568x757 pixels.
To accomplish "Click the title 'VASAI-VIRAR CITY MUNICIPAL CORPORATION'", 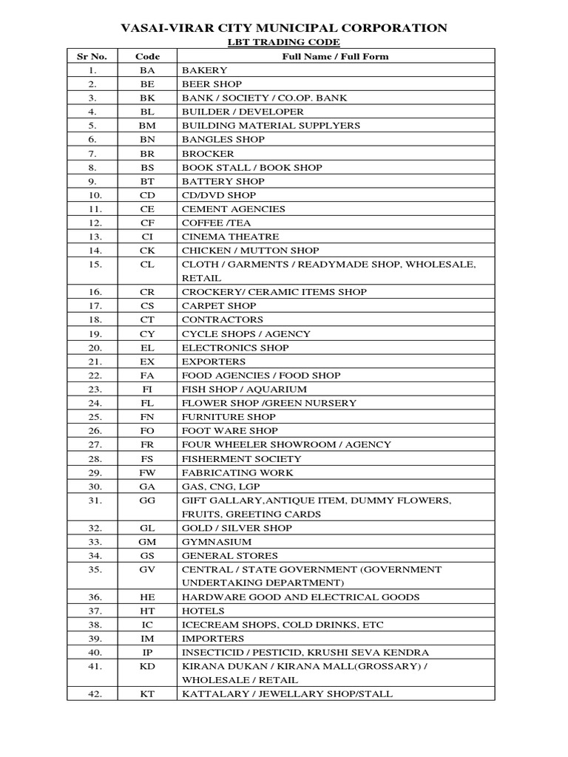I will click(x=284, y=28).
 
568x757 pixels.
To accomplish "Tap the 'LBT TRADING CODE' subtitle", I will click(x=283, y=43).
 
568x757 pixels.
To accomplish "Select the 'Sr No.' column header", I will click(x=92, y=56).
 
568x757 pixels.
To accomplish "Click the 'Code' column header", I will click(x=147, y=56).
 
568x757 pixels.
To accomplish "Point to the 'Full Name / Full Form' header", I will click(x=335, y=56).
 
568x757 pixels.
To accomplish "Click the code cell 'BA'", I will click(x=147, y=70).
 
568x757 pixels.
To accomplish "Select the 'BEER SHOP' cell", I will click(x=212, y=84).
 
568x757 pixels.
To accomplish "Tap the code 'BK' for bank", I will click(x=147, y=98).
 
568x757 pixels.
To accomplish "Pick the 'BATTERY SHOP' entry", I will click(x=223, y=181).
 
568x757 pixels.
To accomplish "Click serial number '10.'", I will click(x=93, y=195).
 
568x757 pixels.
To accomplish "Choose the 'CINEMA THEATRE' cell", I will click(x=231, y=237).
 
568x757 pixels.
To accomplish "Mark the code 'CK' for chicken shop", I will click(x=147, y=251).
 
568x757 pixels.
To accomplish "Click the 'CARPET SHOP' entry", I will click(x=219, y=305).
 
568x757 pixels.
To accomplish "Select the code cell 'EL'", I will click(x=147, y=347).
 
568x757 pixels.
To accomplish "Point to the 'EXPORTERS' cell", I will click(x=214, y=361).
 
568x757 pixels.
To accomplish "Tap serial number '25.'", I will click(x=93, y=417).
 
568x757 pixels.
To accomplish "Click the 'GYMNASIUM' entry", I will click(x=217, y=542).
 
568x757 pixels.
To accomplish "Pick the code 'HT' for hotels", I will click(x=147, y=611).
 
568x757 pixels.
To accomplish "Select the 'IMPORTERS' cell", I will click(x=213, y=638).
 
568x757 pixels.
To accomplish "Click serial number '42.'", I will click(x=93, y=694).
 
